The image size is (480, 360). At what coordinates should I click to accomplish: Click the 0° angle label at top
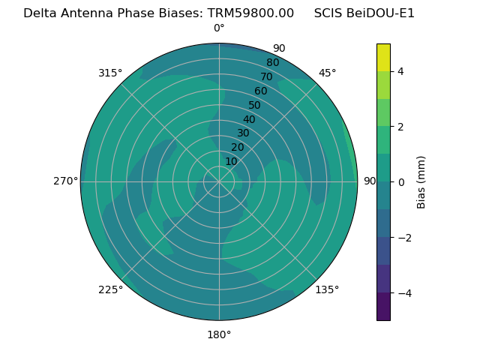coord(219,28)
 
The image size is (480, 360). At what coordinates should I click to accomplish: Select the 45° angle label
coord(327,73)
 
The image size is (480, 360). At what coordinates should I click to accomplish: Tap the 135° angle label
coord(327,289)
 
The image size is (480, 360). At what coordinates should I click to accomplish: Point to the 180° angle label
coord(219,334)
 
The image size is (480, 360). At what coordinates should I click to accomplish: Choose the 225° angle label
coord(110,289)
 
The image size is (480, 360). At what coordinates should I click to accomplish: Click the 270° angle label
coord(66,181)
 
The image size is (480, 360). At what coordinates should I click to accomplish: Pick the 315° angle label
coord(110,73)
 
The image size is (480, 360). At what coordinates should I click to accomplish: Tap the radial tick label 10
coord(231,161)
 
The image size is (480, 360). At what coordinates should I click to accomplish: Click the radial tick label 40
coord(249,119)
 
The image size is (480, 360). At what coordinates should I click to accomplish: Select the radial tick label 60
coord(260,91)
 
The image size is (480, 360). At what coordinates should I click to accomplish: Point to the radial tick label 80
coord(272,63)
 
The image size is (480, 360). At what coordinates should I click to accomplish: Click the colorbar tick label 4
coord(401,71)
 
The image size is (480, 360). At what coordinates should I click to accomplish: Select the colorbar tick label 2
coord(401,127)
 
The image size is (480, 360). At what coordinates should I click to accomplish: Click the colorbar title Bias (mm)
coord(421,181)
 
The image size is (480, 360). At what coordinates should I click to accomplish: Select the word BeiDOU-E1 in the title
coord(380,13)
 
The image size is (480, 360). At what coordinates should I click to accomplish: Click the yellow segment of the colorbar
coord(383,57)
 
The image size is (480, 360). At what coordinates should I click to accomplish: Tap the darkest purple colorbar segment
coord(383,307)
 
